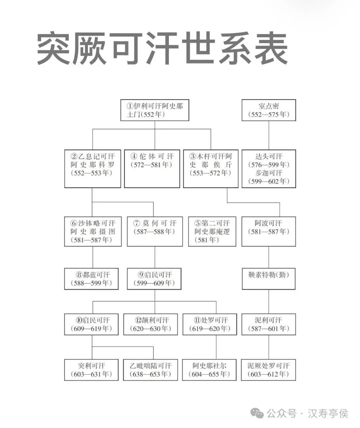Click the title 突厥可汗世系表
(x=162, y=49)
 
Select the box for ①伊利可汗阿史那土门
(x=155, y=110)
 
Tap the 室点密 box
(x=269, y=110)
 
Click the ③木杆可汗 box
(x=211, y=168)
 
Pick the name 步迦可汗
(x=269, y=173)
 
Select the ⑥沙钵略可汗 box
(x=93, y=232)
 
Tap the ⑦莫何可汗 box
(x=155, y=232)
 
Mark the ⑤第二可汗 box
(x=212, y=232)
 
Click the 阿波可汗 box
(x=269, y=232)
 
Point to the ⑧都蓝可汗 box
(x=91, y=279)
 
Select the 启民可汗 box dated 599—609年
(x=154, y=279)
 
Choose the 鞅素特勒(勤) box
(x=269, y=279)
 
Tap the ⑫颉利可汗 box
(x=152, y=324)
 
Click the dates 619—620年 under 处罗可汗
(x=210, y=329)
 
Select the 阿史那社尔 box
(x=209, y=370)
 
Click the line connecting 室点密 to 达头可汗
(x=269, y=135)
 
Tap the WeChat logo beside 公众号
(x=257, y=414)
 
